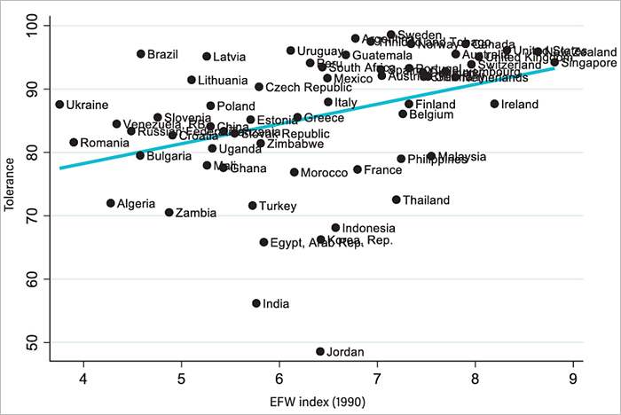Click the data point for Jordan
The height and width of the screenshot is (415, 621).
pyautogui.click(x=320, y=351)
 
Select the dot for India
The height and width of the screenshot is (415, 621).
pyautogui.click(x=256, y=303)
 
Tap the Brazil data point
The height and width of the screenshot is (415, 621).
pyautogui.click(x=140, y=54)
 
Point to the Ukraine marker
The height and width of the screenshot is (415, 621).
pyautogui.click(x=59, y=105)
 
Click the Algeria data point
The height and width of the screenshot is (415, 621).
pyautogui.click(x=111, y=203)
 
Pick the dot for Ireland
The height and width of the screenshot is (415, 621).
pyautogui.click(x=494, y=104)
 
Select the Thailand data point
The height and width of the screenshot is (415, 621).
pyautogui.click(x=397, y=200)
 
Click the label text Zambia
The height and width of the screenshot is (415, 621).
pyautogui.click(x=196, y=213)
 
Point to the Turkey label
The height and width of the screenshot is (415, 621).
pyautogui.click(x=278, y=207)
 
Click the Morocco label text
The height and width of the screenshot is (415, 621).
pyautogui.click(x=324, y=173)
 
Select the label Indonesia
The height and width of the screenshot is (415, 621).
pyautogui.click(x=368, y=228)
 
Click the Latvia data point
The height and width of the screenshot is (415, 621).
pyautogui.click(x=207, y=57)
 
